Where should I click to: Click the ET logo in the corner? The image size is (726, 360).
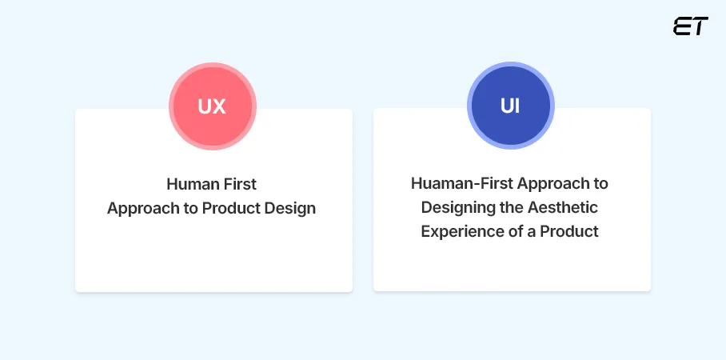tap(690, 26)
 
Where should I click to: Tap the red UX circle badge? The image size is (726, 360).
tap(212, 106)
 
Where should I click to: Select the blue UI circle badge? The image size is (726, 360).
tap(510, 106)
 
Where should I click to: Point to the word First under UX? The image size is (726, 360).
tap(240, 184)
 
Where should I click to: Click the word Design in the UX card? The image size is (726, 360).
tap(290, 209)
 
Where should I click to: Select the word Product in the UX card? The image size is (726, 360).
tap(231, 209)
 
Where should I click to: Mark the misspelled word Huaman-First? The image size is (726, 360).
tap(461, 183)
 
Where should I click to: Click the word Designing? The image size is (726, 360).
tap(456, 208)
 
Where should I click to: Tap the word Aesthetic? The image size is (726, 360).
tap(562, 208)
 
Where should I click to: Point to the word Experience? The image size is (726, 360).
tap(459, 232)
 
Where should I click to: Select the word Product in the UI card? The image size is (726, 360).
tap(569, 232)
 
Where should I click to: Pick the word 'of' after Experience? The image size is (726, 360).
tap(512, 232)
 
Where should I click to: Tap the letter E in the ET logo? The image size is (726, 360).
tap(682, 26)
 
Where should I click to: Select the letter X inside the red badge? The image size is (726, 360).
tap(219, 106)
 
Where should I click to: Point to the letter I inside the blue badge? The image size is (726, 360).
tap(517, 106)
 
